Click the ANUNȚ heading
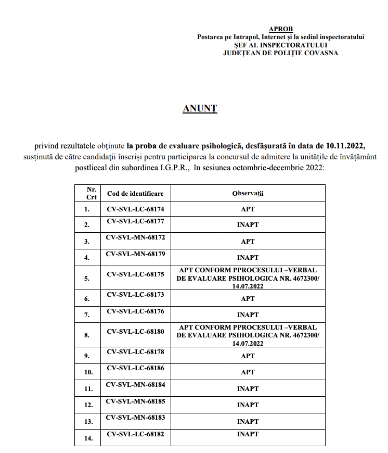coord(200,108)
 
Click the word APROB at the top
coord(281,29)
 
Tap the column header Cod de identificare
coord(135,193)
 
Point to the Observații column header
coord(248,193)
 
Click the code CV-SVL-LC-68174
coord(135,209)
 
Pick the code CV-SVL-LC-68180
coord(135,331)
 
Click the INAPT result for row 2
coord(248,225)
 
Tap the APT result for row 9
coord(248,356)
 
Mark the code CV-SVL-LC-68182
coord(135,434)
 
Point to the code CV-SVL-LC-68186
coord(135,368)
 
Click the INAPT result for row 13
coord(248,421)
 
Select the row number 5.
coord(87,279)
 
